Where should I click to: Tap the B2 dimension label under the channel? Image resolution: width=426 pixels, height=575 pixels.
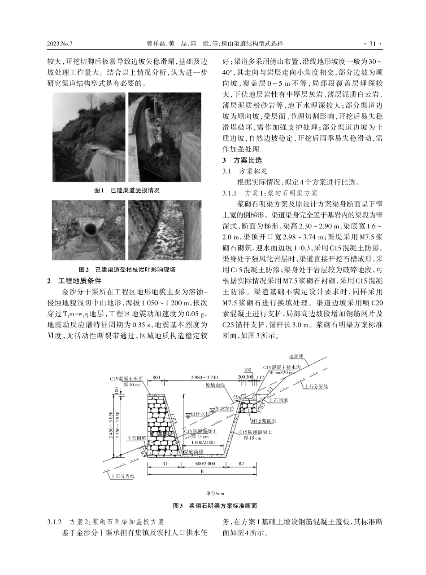(241, 462)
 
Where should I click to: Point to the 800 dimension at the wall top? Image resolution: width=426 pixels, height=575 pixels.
(156, 377)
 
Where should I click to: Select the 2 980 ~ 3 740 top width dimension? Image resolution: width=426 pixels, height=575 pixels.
(204, 377)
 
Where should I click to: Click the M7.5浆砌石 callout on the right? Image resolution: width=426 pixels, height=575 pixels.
(263, 421)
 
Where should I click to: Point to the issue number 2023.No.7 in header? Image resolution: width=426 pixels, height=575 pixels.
(60, 44)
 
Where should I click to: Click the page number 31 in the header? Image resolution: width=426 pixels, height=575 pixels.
(372, 44)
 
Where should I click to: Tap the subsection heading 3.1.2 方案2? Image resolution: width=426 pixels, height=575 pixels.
(105, 522)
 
